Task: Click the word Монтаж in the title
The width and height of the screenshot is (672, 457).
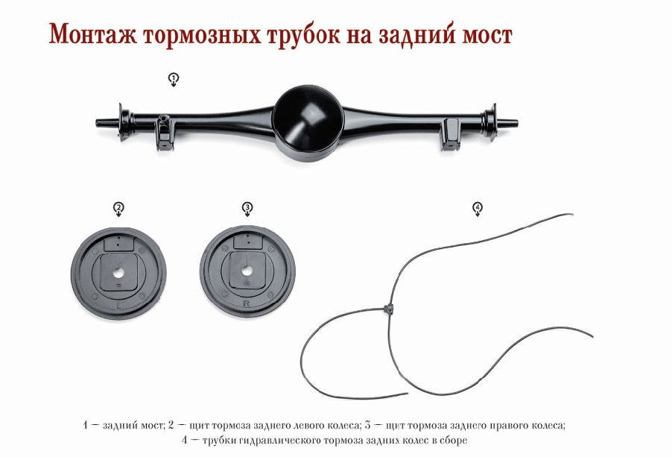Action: coord(92,34)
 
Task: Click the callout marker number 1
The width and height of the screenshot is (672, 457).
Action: coord(173,79)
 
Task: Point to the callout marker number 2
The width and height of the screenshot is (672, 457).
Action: coord(118,209)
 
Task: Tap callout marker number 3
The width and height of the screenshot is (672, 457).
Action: coord(247,209)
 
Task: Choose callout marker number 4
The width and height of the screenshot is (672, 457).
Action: coord(478,209)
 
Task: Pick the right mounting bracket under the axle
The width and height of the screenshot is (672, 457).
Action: coord(450,133)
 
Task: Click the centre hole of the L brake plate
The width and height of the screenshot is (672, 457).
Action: coord(118,273)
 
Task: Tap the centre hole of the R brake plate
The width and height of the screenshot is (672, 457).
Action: coord(247,271)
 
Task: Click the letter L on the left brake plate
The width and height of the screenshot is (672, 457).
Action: coord(119,305)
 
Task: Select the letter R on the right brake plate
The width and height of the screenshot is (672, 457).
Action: coord(246,303)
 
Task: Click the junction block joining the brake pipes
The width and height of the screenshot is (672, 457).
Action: coord(388,309)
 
